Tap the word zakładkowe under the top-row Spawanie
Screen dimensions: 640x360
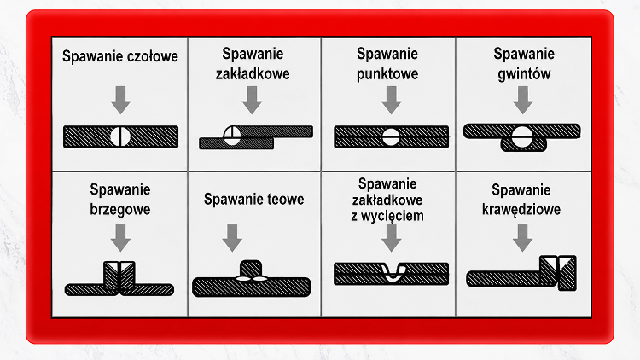tap(253, 74)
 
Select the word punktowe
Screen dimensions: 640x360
tap(387, 74)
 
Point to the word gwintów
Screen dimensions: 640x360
tap(524, 74)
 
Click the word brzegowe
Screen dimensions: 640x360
tap(120, 210)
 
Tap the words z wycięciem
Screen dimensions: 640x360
tap(387, 216)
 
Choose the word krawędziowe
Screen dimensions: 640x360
tap(521, 209)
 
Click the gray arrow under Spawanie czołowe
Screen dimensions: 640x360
tap(120, 100)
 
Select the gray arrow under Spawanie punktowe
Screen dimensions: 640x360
tap(392, 100)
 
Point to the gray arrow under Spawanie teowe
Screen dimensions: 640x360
tap(232, 237)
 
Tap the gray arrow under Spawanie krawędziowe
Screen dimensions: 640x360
tap(522, 237)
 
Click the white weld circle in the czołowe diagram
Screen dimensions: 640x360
tap(120, 136)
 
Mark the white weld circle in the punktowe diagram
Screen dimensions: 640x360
tap(391, 136)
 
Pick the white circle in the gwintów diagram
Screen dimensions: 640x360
tap(522, 136)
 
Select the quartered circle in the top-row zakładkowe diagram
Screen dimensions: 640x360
tap(232, 135)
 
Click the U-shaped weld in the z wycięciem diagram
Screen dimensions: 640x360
tap(393, 273)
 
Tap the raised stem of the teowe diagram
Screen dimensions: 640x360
tap(251, 269)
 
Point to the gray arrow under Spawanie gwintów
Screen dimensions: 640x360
tap(523, 100)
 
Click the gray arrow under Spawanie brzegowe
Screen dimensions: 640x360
tap(120, 237)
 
